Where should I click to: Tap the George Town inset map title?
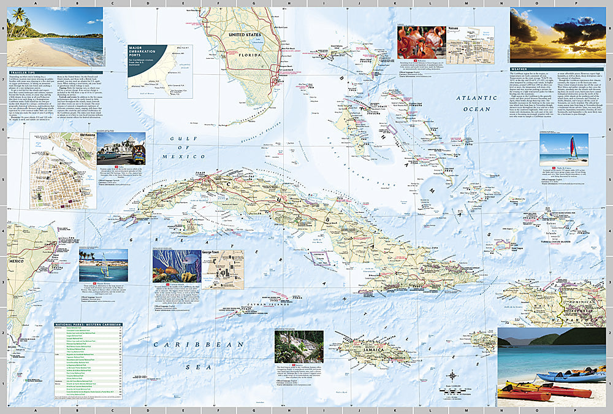(223, 253)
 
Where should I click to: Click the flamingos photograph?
(420, 42)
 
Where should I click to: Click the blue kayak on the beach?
(561, 377)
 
